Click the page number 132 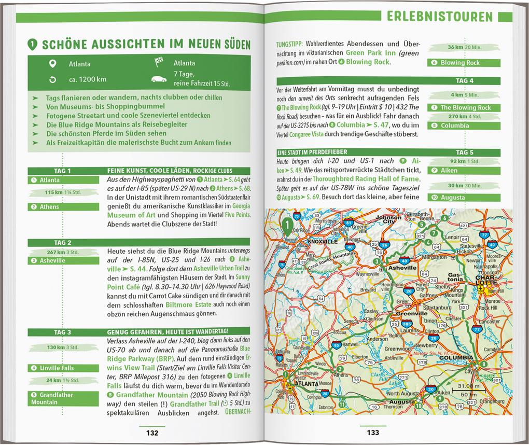pyautogui.click(x=152, y=433)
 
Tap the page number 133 pyautogui.click(x=373, y=433)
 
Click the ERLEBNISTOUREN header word pyautogui.click(x=440, y=17)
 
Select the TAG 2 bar pyautogui.click(x=63, y=243)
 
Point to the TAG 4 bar pyautogui.click(x=464, y=81)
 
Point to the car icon pyautogui.click(x=159, y=79)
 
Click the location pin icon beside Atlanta pyautogui.click(x=52, y=64)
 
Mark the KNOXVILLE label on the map pyautogui.click(x=323, y=242)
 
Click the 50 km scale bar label pyautogui.click(x=465, y=396)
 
